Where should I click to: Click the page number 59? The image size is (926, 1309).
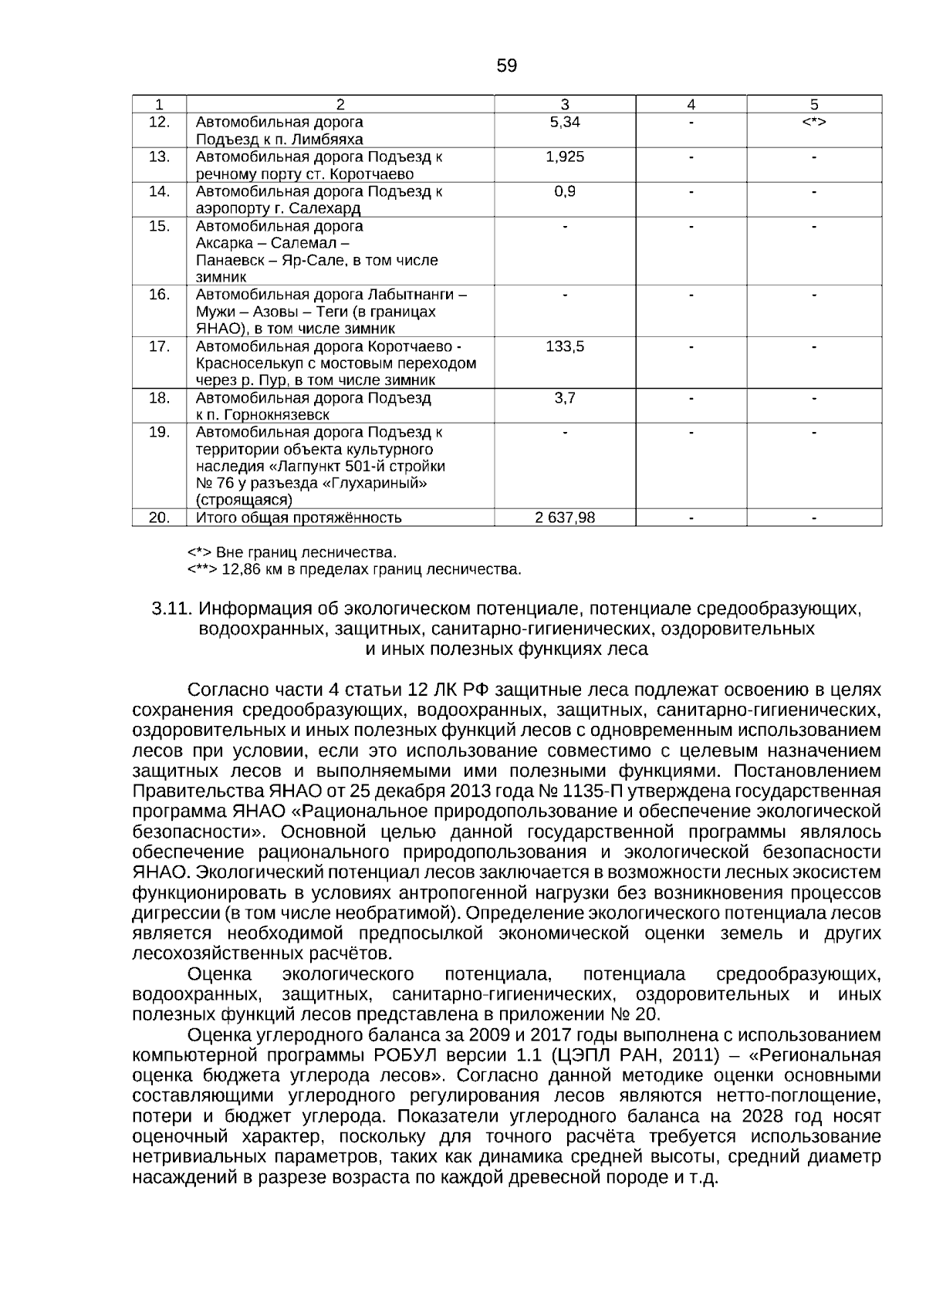click(507, 66)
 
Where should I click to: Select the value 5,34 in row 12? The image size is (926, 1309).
click(565, 122)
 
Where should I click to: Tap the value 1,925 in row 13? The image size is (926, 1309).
click(565, 157)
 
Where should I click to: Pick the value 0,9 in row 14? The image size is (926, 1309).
click(565, 191)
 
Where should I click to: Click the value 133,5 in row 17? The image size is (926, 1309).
click(565, 346)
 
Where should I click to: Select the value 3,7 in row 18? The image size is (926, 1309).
click(565, 398)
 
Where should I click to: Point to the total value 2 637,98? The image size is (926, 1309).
click(565, 518)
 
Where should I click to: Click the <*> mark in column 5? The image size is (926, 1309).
click(814, 122)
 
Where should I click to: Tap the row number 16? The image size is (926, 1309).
click(159, 295)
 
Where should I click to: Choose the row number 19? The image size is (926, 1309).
click(159, 432)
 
